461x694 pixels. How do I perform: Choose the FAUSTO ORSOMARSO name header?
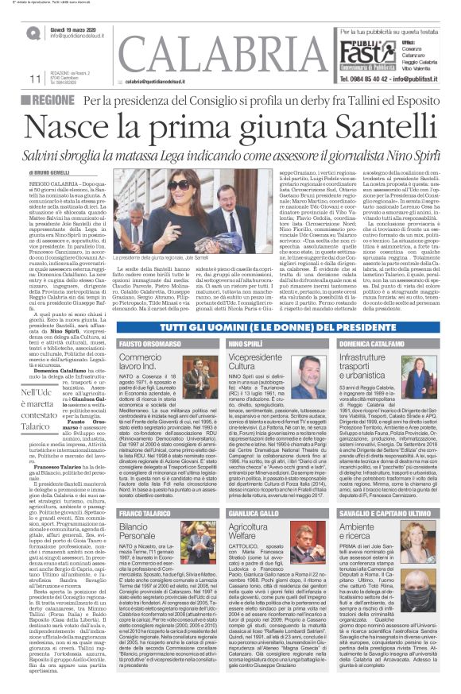click(x=146, y=344)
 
